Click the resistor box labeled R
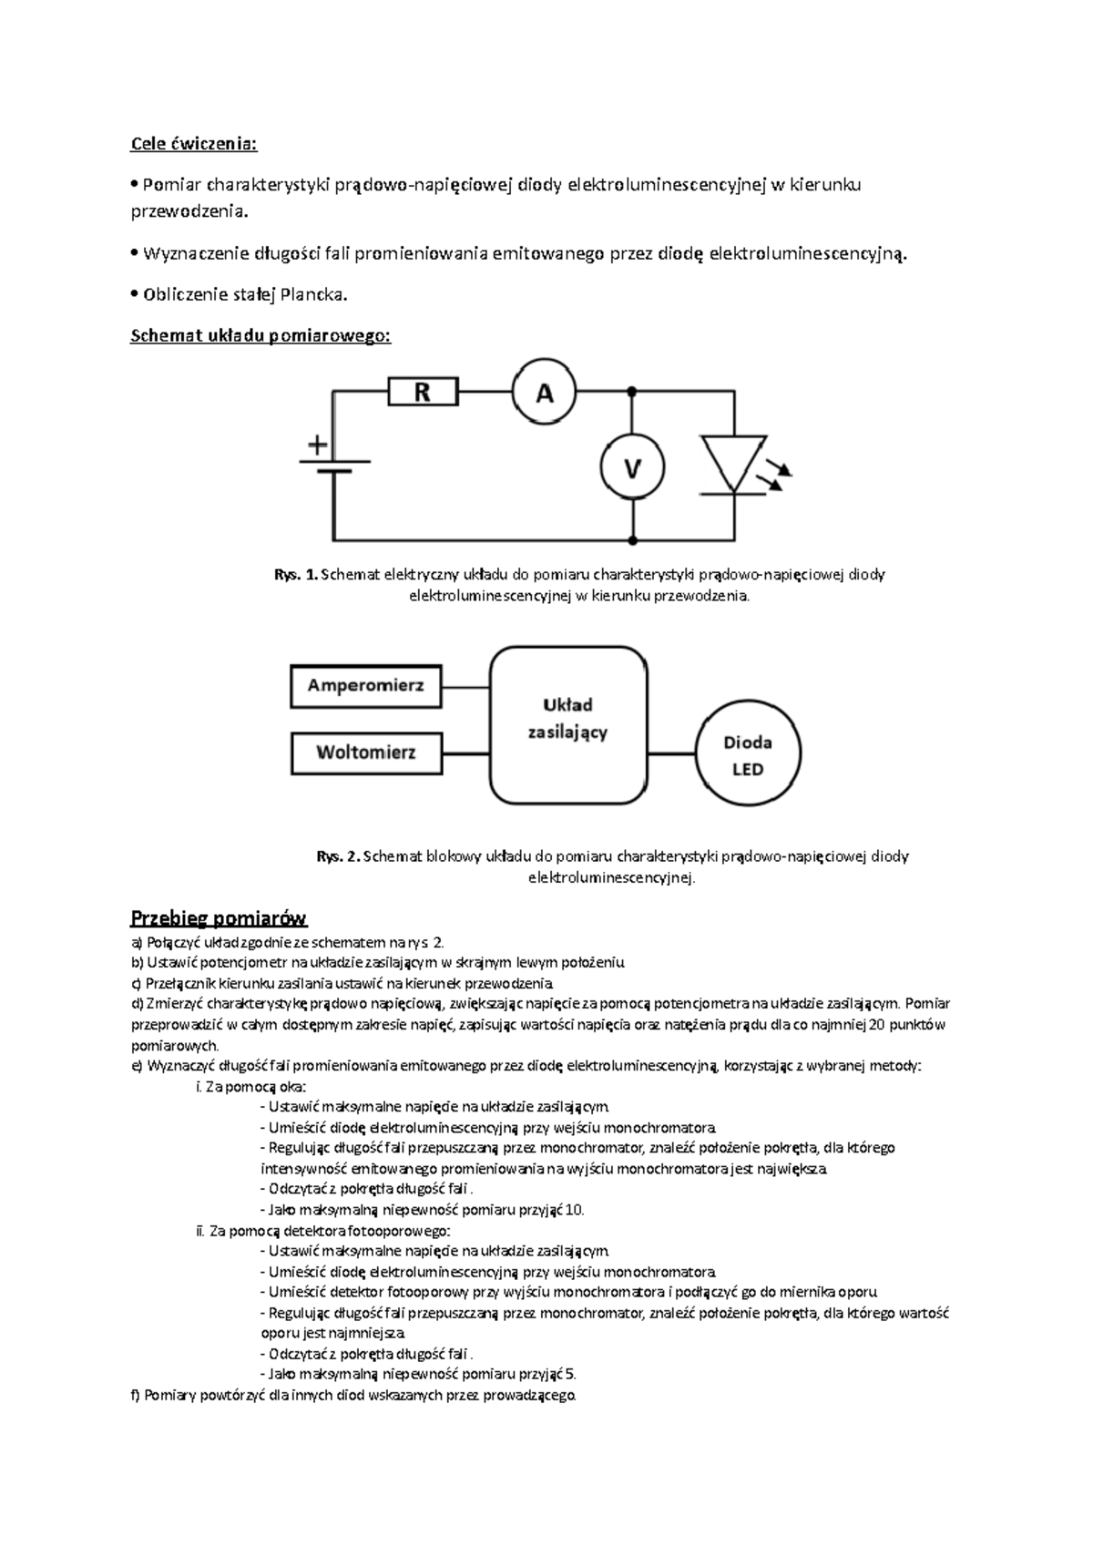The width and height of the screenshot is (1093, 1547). click(x=423, y=393)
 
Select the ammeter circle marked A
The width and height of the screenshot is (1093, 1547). click(x=544, y=393)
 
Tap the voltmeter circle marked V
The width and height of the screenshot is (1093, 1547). click(x=631, y=468)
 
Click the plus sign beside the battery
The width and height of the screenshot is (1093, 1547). click(x=318, y=446)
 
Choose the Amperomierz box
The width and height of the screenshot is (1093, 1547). click(x=365, y=686)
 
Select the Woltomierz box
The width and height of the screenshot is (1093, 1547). click(x=365, y=753)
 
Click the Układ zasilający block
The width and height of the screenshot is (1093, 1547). click(x=568, y=725)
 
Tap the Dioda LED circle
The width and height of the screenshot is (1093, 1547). click(x=749, y=754)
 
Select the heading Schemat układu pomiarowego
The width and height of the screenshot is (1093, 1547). click(x=260, y=336)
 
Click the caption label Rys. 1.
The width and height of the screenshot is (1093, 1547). click(x=296, y=575)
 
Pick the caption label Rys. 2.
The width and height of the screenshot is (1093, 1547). click(x=338, y=856)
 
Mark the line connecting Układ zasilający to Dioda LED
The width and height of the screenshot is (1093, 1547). click(x=672, y=753)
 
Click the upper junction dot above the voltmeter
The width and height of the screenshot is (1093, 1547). click(x=631, y=391)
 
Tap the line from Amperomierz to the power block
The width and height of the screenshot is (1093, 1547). click(x=466, y=687)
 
